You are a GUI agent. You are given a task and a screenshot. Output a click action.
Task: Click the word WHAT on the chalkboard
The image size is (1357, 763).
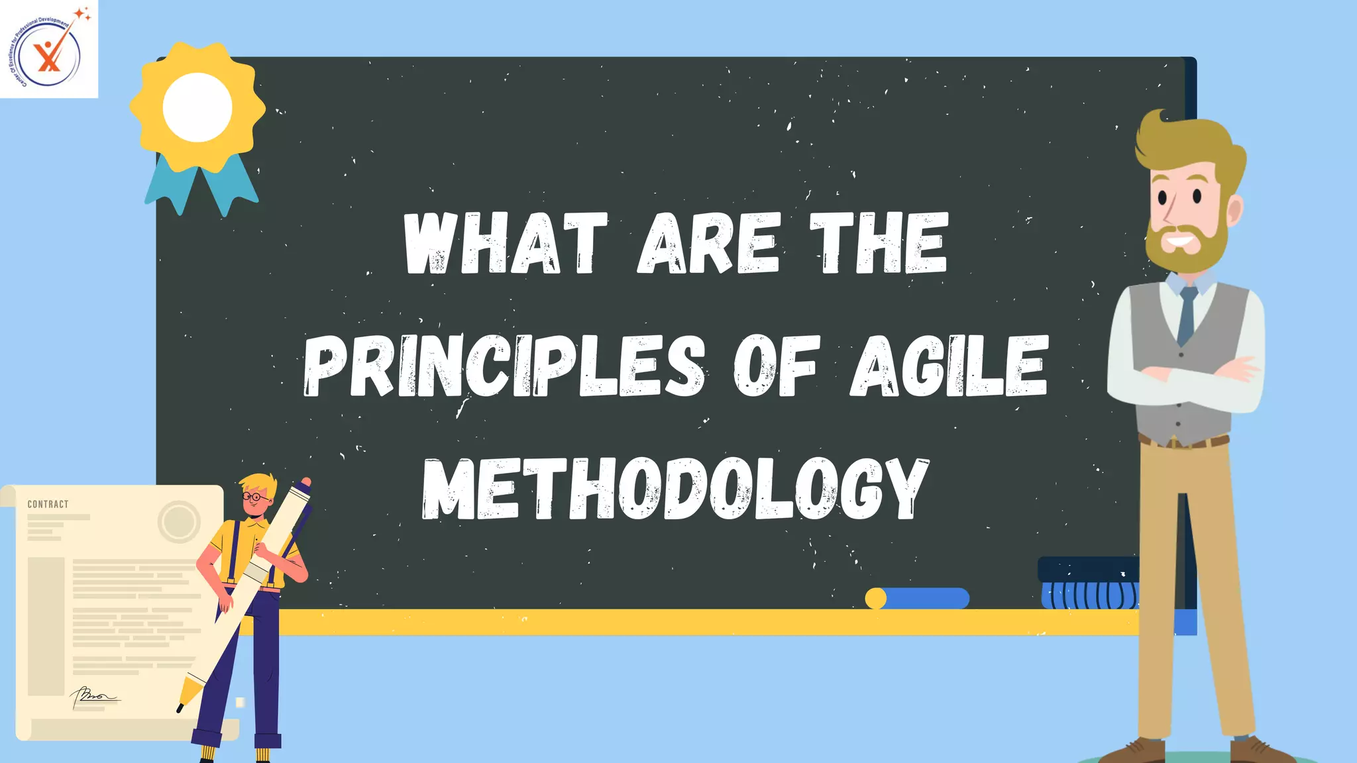[x=506, y=243]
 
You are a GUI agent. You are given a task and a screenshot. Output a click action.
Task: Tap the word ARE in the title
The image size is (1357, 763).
[x=708, y=243]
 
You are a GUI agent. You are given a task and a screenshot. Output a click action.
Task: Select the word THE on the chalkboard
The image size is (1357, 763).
[x=879, y=243]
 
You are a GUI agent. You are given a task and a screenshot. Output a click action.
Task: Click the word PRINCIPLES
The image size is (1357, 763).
[x=504, y=366]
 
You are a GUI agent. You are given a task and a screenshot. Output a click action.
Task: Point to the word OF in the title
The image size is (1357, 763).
[x=775, y=366]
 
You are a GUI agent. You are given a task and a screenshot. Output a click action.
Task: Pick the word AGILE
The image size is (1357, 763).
[x=949, y=366]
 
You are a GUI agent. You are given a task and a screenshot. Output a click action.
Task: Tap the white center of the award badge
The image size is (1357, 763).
[x=197, y=107]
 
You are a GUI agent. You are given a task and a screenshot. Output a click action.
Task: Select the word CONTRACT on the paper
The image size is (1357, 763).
[x=48, y=504]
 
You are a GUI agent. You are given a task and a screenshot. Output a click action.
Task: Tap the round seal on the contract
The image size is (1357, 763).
[x=179, y=521]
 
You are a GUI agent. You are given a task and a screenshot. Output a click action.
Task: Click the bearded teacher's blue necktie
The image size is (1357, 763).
[x=1187, y=315]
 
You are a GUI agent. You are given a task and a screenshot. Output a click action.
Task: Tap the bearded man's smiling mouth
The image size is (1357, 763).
[x=1181, y=239]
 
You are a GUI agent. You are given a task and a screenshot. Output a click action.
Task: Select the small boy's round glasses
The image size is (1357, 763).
[x=255, y=497]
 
